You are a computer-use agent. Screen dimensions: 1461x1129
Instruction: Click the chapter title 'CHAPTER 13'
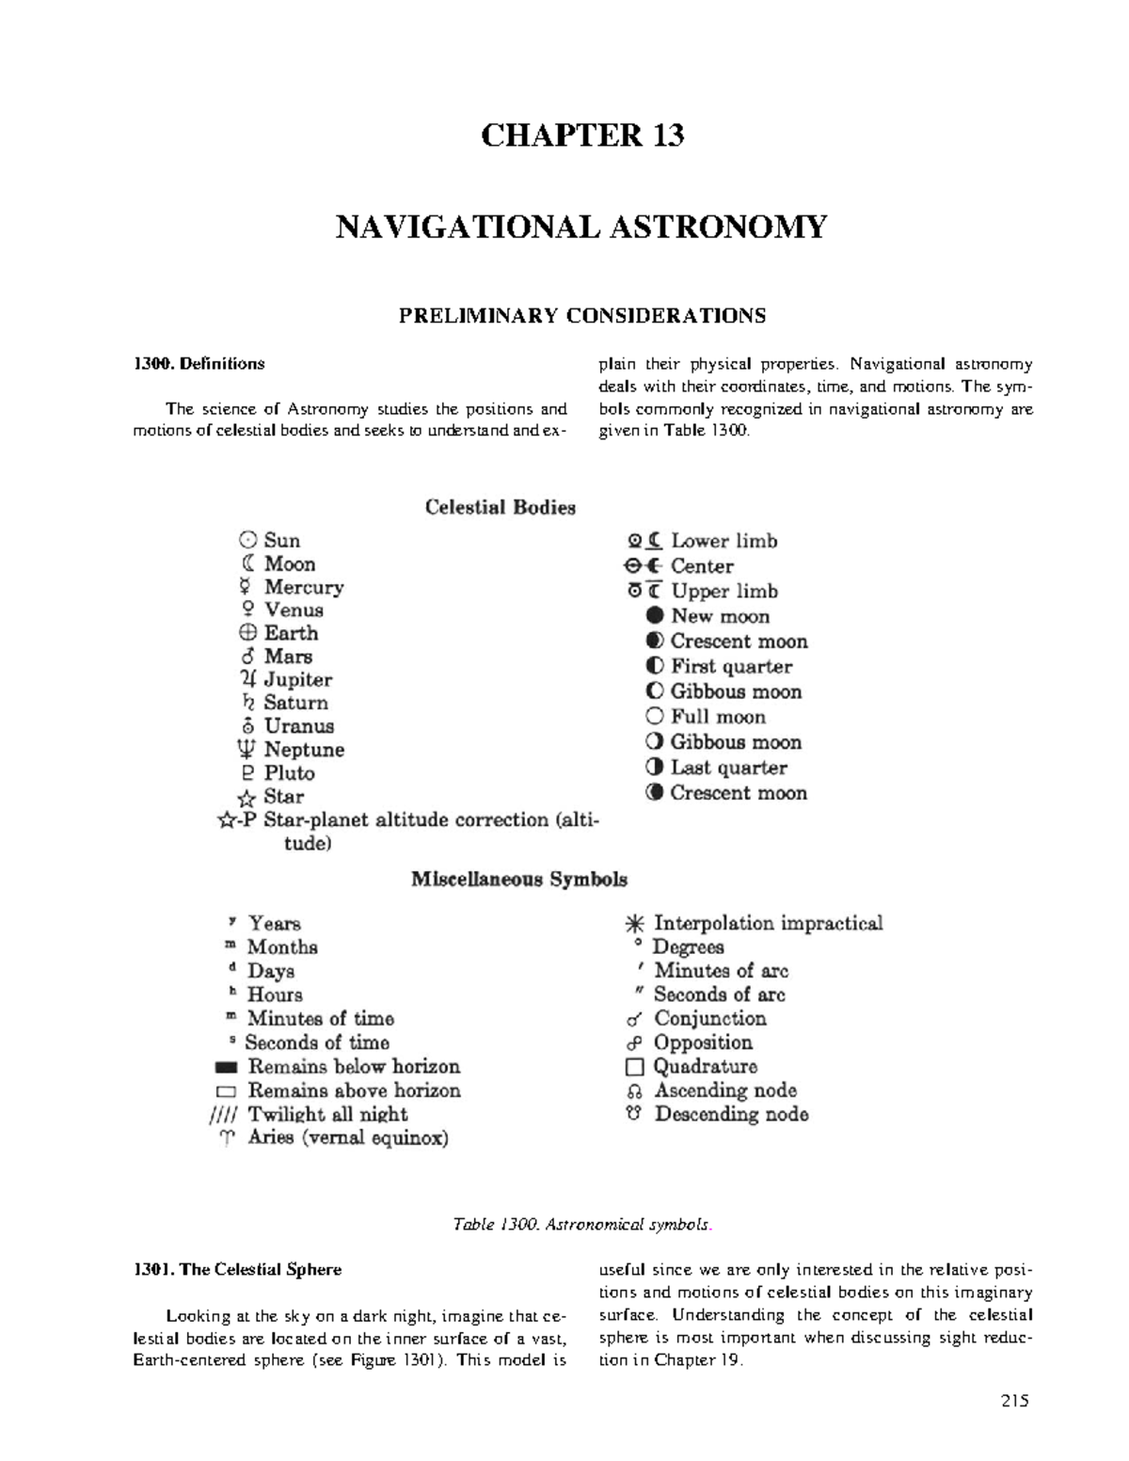click(x=581, y=136)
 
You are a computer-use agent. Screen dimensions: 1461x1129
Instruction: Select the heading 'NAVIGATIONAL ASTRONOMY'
click(x=581, y=228)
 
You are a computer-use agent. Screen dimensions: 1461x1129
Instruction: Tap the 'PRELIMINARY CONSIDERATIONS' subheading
click(x=581, y=315)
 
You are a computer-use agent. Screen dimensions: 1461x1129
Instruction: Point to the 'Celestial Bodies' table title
click(x=500, y=508)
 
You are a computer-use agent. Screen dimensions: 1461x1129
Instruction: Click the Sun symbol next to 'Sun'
click(x=247, y=540)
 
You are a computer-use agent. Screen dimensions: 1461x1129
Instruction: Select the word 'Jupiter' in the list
click(x=297, y=679)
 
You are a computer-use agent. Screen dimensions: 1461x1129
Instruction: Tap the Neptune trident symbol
click(x=246, y=750)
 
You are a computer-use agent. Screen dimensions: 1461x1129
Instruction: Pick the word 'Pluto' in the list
click(x=289, y=773)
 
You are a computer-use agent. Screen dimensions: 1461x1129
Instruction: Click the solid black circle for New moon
click(x=655, y=616)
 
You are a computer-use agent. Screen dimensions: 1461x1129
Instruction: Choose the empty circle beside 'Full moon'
click(x=655, y=717)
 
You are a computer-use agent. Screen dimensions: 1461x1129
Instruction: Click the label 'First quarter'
click(x=731, y=667)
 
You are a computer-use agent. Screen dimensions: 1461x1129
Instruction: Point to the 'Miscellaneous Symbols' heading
click(x=518, y=880)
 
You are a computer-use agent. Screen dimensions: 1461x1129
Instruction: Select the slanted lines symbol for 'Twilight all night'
click(x=226, y=1116)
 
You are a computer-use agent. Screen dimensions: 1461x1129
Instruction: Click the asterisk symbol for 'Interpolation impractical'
click(x=636, y=924)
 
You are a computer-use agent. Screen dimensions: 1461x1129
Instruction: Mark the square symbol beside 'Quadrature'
click(x=635, y=1067)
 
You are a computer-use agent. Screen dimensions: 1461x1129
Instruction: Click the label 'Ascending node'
click(x=725, y=1090)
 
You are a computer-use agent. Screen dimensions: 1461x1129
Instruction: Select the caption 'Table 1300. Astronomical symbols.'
click(x=581, y=1224)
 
